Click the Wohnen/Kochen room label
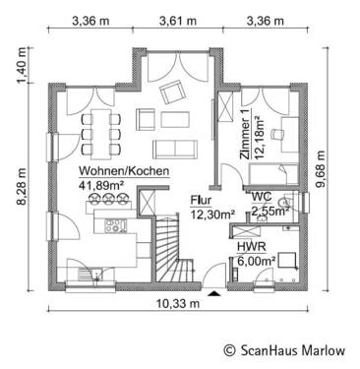(124, 171)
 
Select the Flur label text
(201, 198)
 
